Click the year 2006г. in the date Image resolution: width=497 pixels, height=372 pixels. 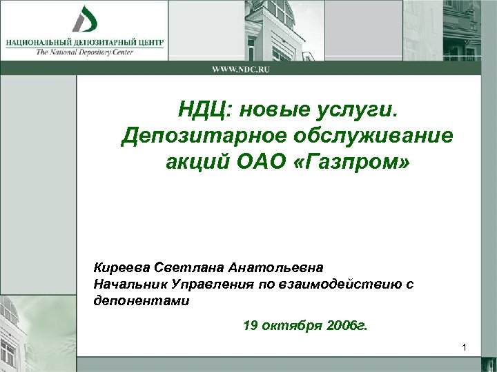346,325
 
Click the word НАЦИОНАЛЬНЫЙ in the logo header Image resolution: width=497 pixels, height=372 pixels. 39,42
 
